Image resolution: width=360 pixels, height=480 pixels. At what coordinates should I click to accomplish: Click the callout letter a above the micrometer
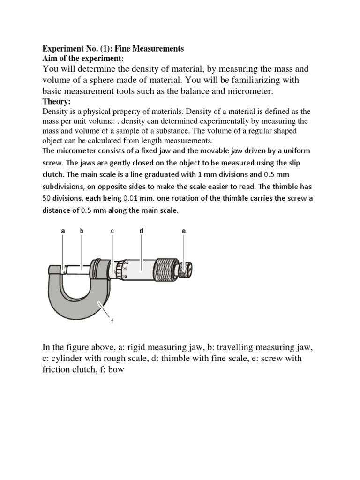click(63, 231)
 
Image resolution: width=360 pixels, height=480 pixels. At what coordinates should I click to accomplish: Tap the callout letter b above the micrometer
click(82, 231)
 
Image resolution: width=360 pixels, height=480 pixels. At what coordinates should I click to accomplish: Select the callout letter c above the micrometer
click(112, 231)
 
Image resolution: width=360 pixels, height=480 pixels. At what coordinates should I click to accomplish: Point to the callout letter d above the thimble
click(142, 231)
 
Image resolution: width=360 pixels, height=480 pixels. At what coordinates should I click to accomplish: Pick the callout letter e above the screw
click(183, 231)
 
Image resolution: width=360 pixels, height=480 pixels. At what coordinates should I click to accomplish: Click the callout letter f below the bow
click(112, 321)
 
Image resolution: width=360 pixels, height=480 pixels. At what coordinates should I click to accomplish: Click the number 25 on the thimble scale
click(125, 270)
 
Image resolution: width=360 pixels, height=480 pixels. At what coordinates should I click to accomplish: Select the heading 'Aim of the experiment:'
click(83, 59)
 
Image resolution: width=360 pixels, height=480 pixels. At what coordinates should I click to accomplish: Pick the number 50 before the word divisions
click(48, 198)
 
